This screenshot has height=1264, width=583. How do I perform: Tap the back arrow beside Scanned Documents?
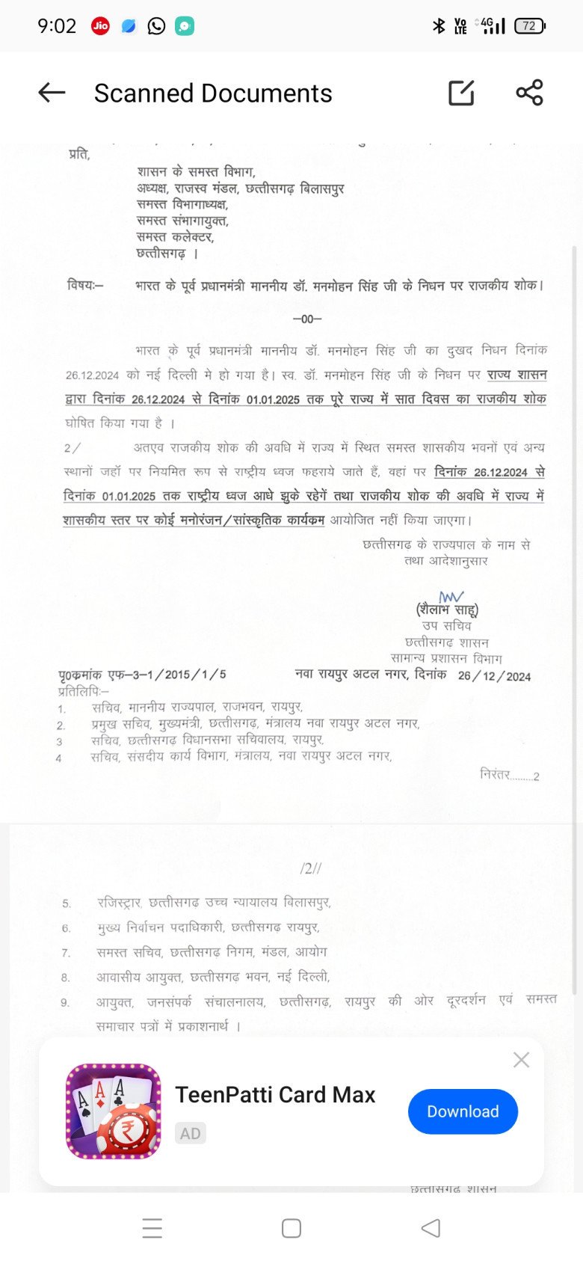click(x=52, y=93)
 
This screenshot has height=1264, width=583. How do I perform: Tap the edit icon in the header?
click(x=461, y=93)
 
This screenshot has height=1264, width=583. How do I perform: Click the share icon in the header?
click(x=529, y=93)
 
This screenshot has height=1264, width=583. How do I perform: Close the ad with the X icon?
click(x=521, y=1060)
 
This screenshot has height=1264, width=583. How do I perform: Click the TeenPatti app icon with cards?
click(x=114, y=1111)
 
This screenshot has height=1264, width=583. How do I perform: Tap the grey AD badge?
click(x=190, y=1133)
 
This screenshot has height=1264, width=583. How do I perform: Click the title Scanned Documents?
click(x=213, y=93)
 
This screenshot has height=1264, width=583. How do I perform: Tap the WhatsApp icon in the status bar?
click(x=156, y=26)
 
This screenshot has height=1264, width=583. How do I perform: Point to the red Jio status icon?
click(x=100, y=26)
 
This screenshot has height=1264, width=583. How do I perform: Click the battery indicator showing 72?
click(x=530, y=26)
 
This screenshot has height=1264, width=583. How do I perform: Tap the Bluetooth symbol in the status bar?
click(x=439, y=26)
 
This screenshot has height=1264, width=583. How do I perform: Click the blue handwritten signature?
click(x=451, y=596)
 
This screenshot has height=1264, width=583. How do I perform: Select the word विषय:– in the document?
click(x=85, y=285)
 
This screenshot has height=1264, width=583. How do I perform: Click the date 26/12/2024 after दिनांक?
click(x=494, y=676)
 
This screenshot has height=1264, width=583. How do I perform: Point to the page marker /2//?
click(x=310, y=868)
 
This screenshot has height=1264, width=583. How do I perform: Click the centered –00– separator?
click(x=307, y=319)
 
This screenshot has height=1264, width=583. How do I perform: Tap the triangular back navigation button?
click(x=431, y=1228)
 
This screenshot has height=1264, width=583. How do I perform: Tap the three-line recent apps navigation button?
click(x=152, y=1228)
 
